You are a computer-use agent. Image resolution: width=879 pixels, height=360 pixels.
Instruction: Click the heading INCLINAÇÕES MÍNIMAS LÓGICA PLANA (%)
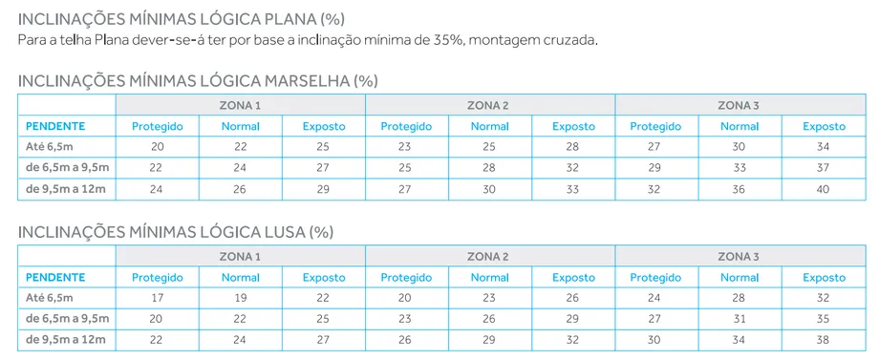pyautogui.click(x=182, y=19)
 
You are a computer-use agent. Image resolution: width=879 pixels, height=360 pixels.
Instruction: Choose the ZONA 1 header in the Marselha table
pyautogui.click(x=240, y=105)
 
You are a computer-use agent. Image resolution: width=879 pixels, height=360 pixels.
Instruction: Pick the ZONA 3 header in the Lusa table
pyautogui.click(x=739, y=256)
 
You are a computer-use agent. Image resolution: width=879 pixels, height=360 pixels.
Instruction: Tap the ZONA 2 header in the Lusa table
pyautogui.click(x=488, y=256)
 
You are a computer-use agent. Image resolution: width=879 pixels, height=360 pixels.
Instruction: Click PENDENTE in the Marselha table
pyautogui.click(x=55, y=126)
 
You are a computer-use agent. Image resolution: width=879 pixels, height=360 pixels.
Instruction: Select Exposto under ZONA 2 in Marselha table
pyautogui.click(x=572, y=126)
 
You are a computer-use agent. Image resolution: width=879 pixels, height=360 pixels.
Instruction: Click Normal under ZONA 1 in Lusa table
pyautogui.click(x=240, y=277)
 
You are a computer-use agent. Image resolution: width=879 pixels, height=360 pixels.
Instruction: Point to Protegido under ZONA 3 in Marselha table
pyautogui.click(x=655, y=126)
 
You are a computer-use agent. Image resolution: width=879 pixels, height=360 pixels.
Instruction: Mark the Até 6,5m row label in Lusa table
pyautogui.click(x=49, y=298)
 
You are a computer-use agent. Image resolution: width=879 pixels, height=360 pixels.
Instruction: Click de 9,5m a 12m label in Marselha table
pyautogui.click(x=65, y=189)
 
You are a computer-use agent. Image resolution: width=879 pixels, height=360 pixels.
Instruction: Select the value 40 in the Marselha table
pyautogui.click(x=824, y=189)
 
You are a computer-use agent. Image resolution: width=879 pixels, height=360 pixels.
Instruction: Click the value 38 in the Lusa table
pyautogui.click(x=824, y=340)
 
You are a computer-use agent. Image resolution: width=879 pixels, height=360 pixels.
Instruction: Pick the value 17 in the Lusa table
pyautogui.click(x=157, y=298)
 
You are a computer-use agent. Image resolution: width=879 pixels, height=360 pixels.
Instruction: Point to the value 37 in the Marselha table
pyautogui.click(x=824, y=168)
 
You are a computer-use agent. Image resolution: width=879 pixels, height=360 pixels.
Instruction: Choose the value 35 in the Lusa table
pyautogui.click(x=824, y=319)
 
